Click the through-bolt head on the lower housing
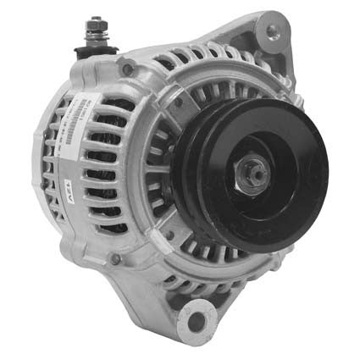click(x=115, y=258)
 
